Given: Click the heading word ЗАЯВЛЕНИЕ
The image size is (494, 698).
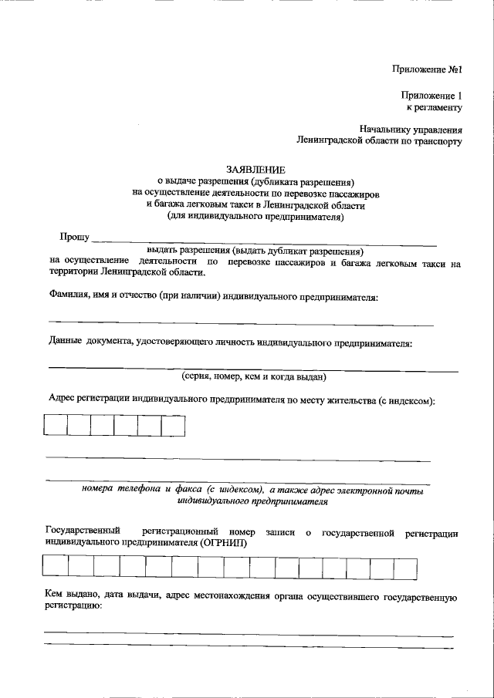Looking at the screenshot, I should pyautogui.click(x=255, y=169).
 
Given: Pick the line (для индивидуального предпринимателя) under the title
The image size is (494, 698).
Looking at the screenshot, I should pyautogui.click(x=255, y=217).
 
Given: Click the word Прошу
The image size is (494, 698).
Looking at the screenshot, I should pyautogui.click(x=75, y=237).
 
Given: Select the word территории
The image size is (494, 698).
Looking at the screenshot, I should pyautogui.click(x=73, y=273).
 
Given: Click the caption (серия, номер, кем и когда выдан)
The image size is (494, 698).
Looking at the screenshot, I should pyautogui.click(x=254, y=376).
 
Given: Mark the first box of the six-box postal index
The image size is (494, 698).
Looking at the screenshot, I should pyautogui.click(x=55, y=426).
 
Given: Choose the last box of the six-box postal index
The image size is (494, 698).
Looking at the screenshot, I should pyautogui.click(x=173, y=426).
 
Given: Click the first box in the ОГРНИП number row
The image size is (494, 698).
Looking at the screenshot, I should pyautogui.click(x=56, y=567).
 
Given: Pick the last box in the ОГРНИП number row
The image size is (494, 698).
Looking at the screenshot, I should pyautogui.click(x=405, y=567).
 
